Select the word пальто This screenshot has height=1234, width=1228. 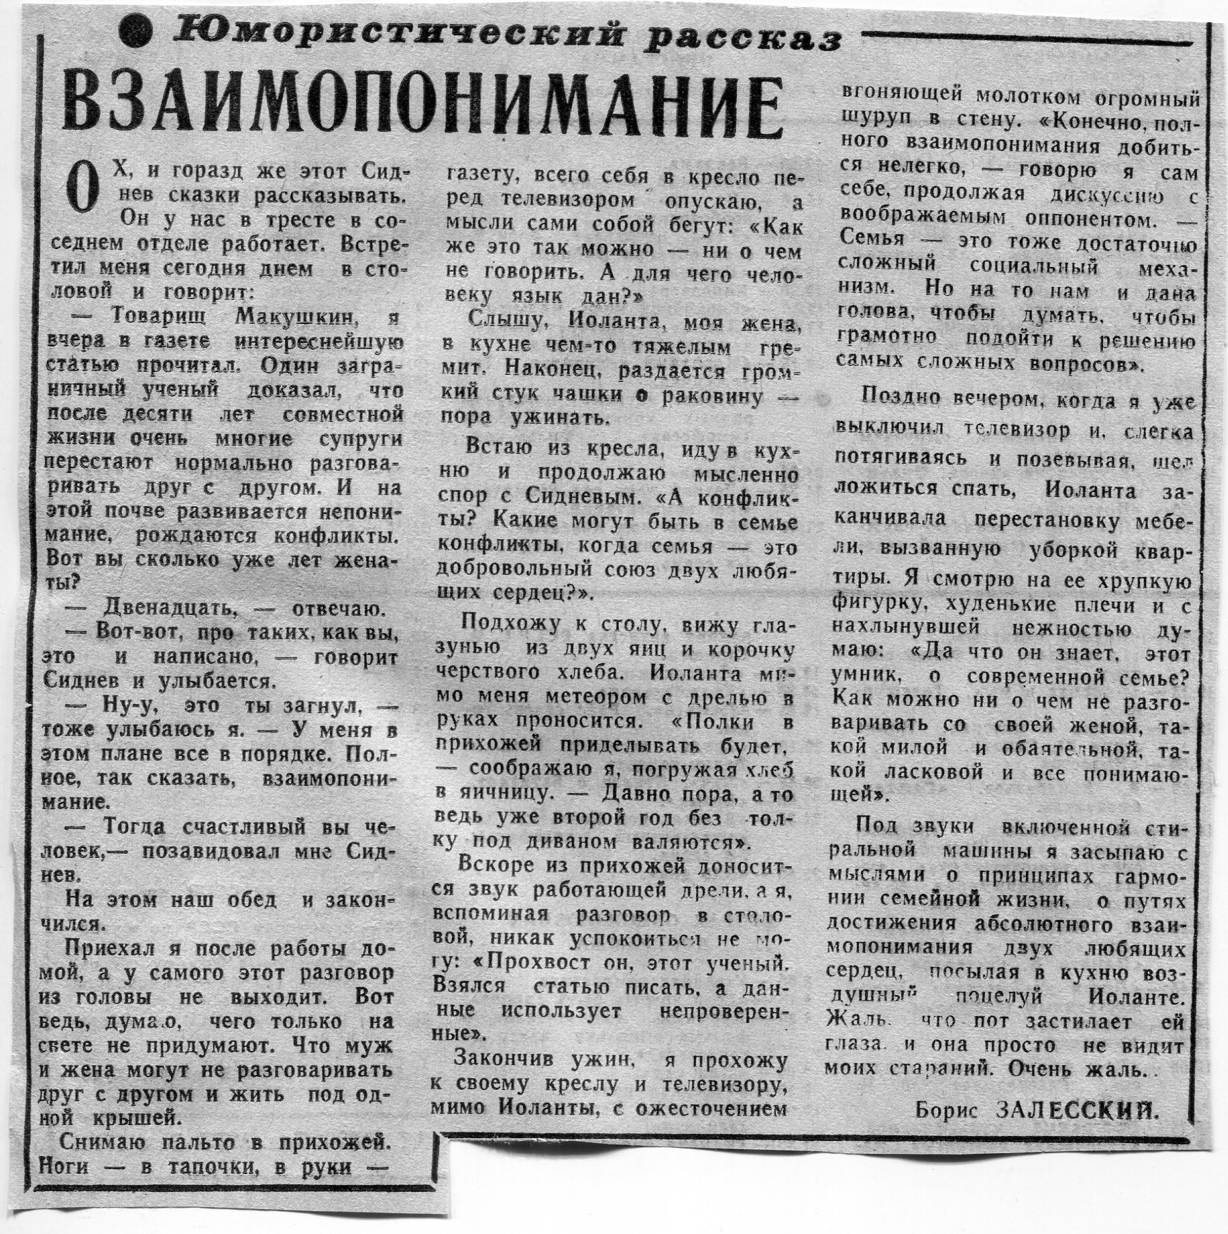(204, 1142)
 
